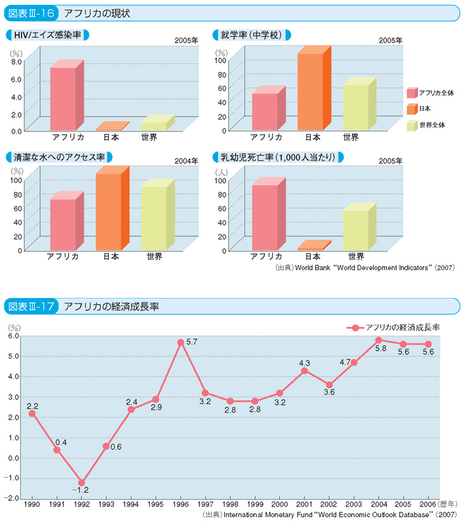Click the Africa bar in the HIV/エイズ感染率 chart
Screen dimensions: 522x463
pos(63,98)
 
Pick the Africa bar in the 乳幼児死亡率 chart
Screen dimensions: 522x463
pos(264,216)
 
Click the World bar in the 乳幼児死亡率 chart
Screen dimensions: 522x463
pos(355,229)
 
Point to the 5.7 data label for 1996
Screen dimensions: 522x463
pos(191,342)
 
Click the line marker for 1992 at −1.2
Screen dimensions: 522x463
pos(82,483)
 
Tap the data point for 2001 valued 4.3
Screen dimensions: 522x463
pos(305,370)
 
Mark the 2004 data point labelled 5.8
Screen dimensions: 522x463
pos(379,340)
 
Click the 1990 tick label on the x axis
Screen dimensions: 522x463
pos(32,506)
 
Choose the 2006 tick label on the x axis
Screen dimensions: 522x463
pos(428,506)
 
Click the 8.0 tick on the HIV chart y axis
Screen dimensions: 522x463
pos(16,61)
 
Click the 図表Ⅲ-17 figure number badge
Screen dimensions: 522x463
pos(31,306)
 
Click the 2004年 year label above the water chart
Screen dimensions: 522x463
pos(185,161)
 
